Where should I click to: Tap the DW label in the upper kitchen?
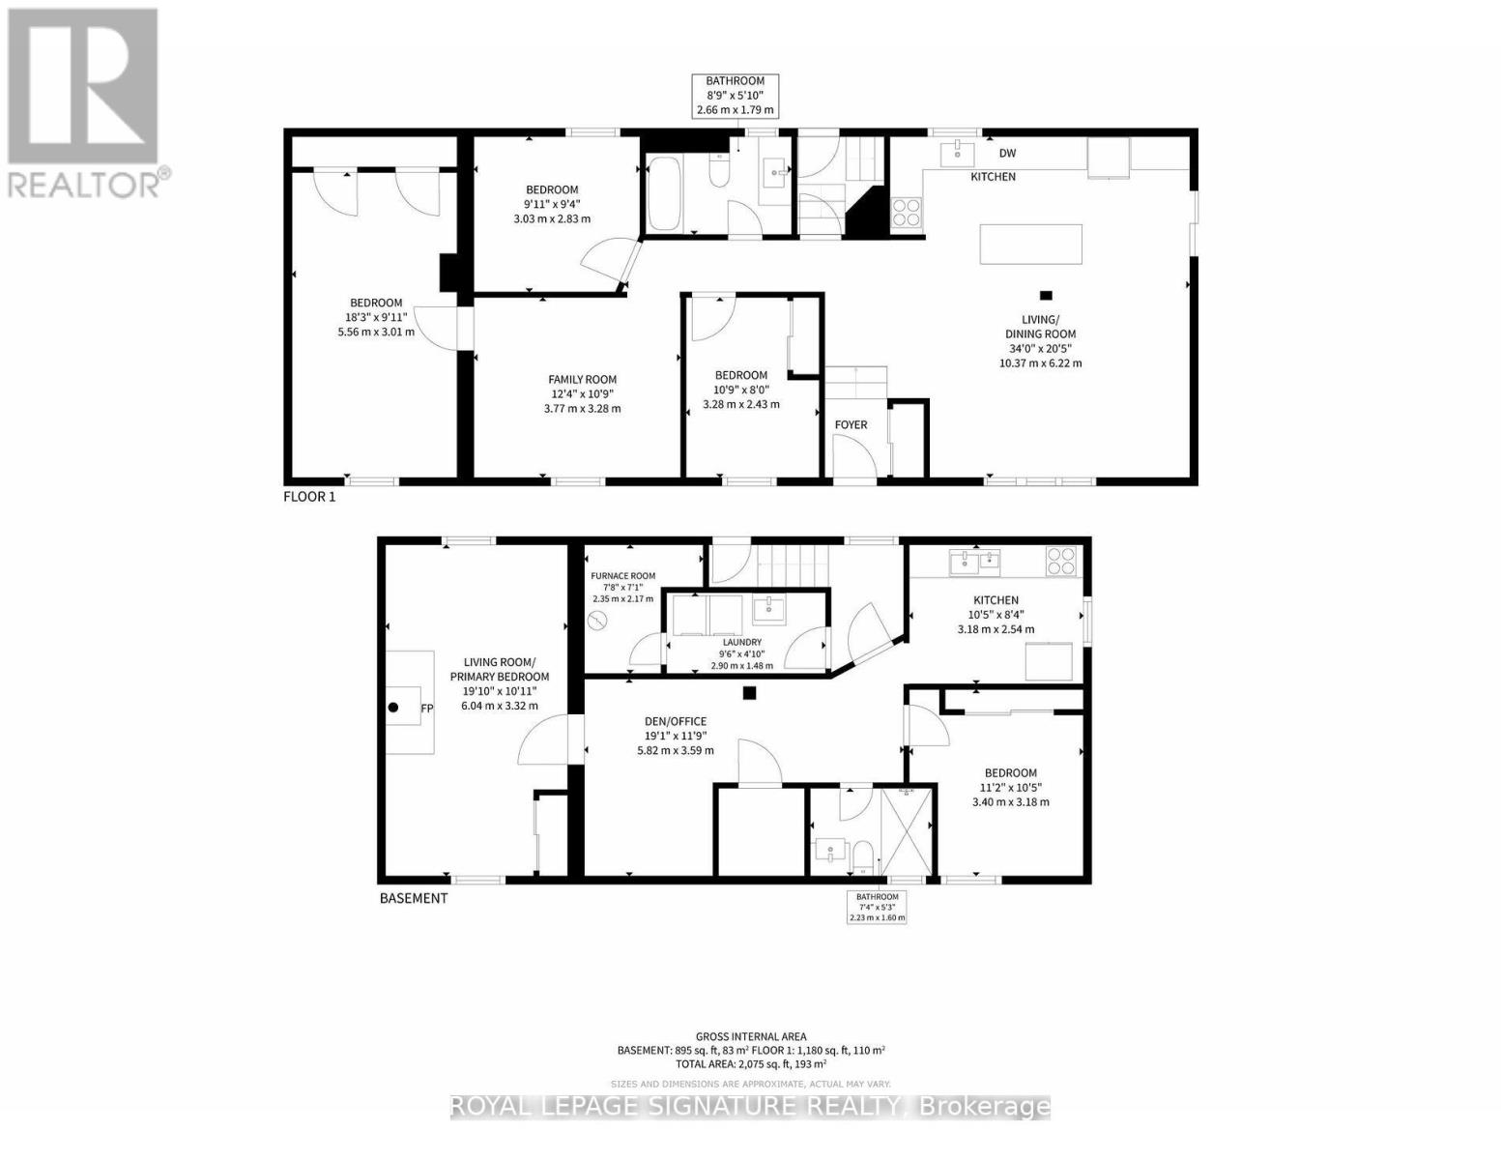coord(1007,153)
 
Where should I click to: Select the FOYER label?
coord(851,424)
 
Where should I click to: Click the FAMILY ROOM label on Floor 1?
coord(582,380)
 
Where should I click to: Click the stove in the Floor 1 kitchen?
coord(907,211)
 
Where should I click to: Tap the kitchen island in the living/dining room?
coord(1030,244)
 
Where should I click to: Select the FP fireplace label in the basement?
coord(426,709)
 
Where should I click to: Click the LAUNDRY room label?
coord(742,642)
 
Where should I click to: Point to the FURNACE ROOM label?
coord(623,576)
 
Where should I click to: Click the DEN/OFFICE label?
coord(676,721)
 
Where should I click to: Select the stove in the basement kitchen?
coord(1060,561)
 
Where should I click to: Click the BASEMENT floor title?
coord(414,898)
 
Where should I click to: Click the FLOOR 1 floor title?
coord(309,497)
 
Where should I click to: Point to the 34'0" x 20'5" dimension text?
coord(1040,349)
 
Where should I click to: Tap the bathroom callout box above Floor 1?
coord(736,96)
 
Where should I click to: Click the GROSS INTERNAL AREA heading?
coord(751,1036)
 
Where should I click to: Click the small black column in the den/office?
coord(749,692)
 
